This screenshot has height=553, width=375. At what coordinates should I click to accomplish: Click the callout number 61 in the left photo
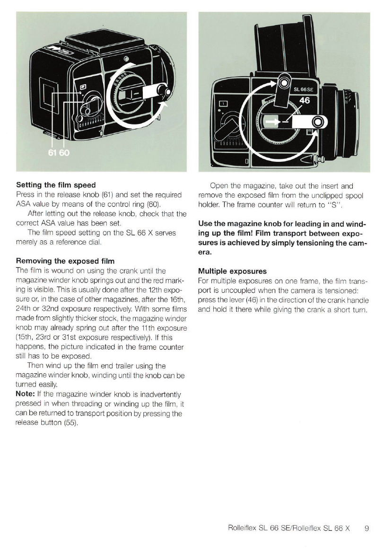pyautogui.click(x=52, y=153)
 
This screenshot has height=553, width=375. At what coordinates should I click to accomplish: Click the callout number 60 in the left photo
pyautogui.click(x=63, y=153)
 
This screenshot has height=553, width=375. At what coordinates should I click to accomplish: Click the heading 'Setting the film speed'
pyautogui.click(x=56, y=185)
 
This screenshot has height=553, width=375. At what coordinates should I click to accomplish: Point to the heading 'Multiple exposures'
pyautogui.click(x=232, y=272)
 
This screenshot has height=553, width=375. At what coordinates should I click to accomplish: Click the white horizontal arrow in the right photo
pyautogui.click(x=272, y=122)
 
